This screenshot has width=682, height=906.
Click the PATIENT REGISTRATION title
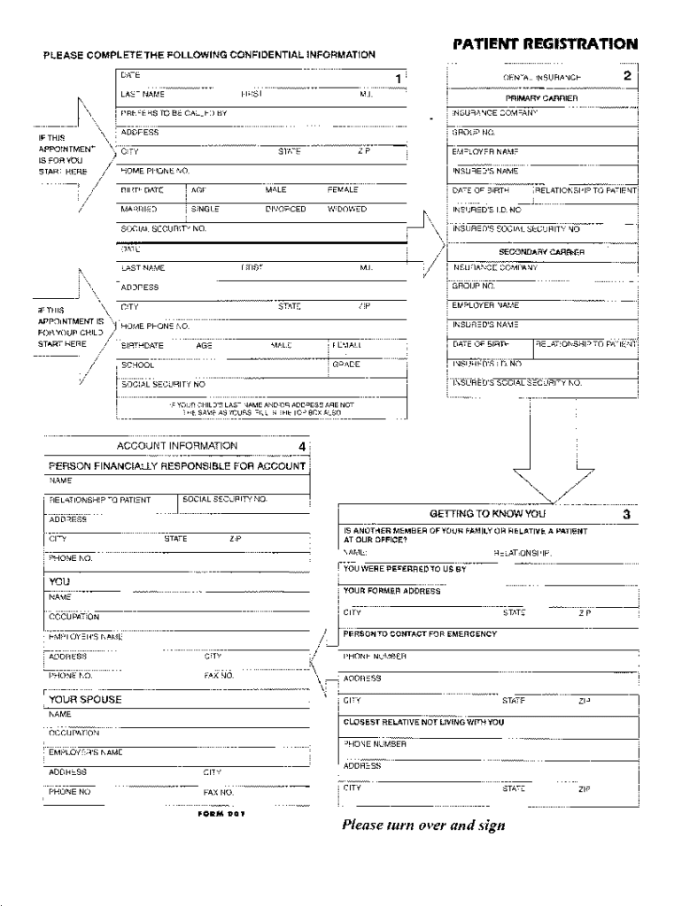coord(545,43)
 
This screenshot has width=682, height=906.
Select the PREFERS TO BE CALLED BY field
coord(174,113)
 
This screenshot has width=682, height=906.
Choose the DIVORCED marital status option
coord(285,210)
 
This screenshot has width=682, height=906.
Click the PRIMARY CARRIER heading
coord(542,98)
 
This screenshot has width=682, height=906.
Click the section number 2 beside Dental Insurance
coord(627,76)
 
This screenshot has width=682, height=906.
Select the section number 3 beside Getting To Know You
coord(626,513)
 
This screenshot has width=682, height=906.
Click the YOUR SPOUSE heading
coord(85,699)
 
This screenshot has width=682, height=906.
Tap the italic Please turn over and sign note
coord(423,825)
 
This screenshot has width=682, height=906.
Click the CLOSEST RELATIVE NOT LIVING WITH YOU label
coord(423,722)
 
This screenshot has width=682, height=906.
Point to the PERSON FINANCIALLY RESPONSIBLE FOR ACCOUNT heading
coord(176,465)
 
